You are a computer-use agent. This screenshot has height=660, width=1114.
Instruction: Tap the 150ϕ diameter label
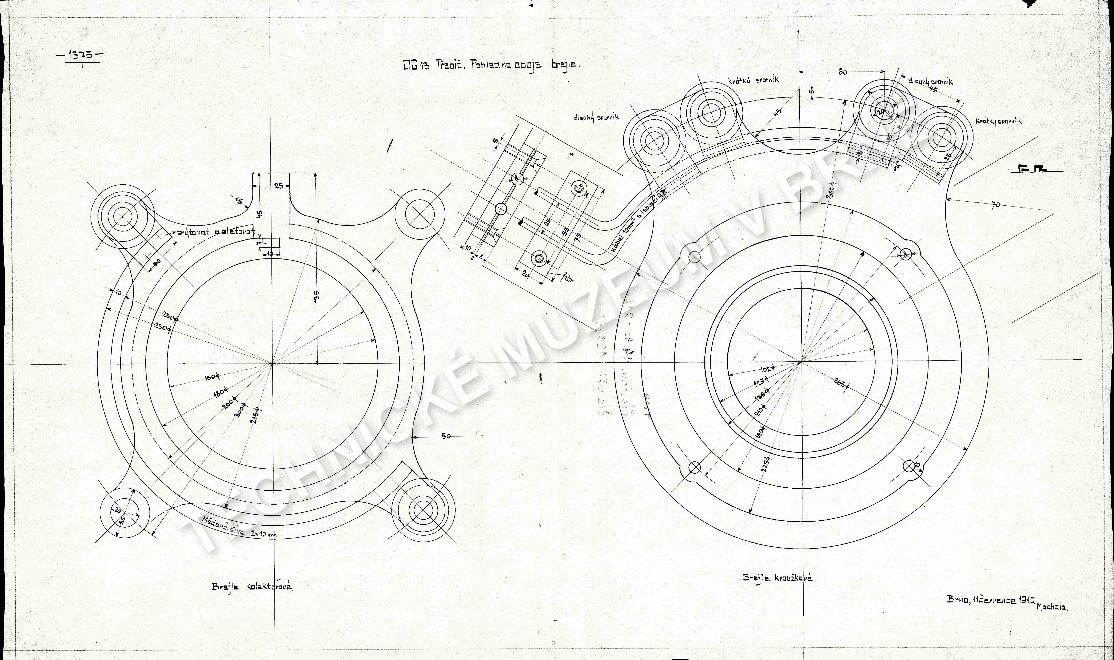coord(212,378)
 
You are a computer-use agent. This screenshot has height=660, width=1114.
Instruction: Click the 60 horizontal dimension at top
coord(842,72)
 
